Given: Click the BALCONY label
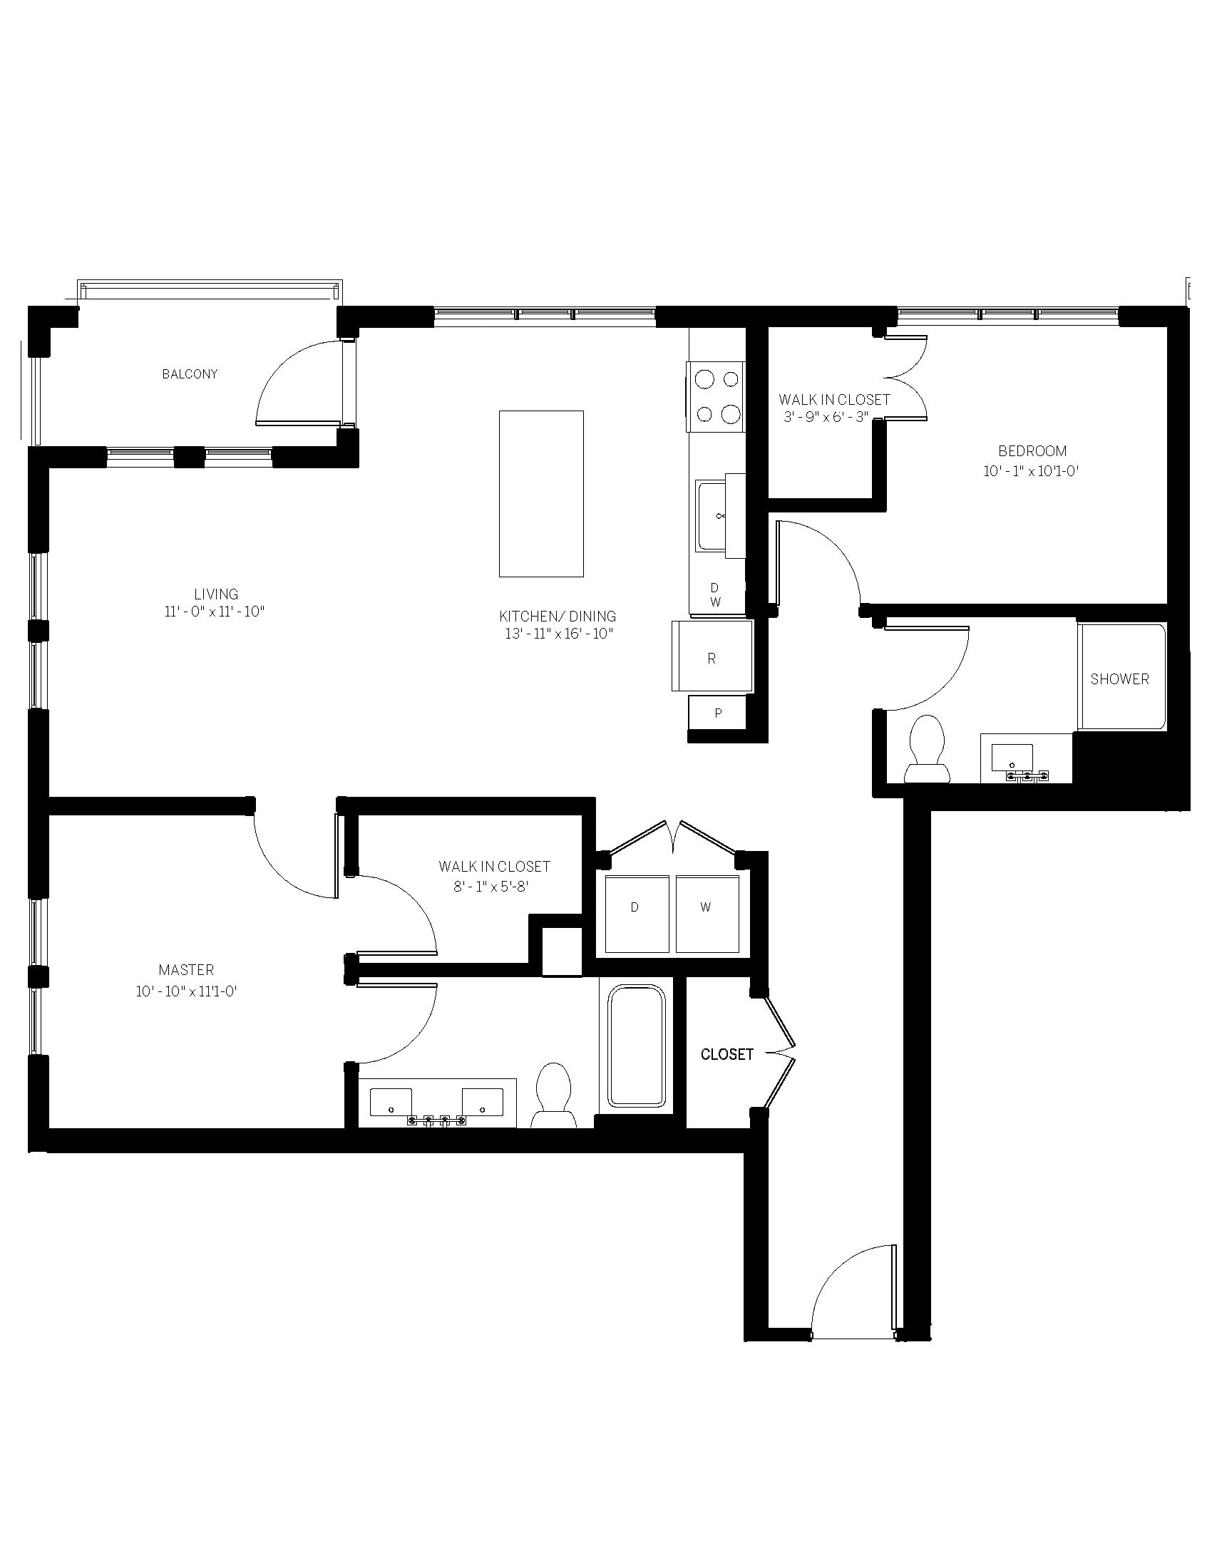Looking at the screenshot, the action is tap(190, 374).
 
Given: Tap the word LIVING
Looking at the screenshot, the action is tap(216, 594).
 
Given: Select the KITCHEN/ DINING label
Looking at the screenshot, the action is tap(558, 616).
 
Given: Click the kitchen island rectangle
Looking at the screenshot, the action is tap(541, 494).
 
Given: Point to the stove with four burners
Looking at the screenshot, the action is tap(715, 396).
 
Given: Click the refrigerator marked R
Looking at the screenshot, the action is tap(712, 656).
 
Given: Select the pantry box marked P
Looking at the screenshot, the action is tap(717, 713).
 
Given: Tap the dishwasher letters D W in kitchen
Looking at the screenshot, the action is tap(715, 595).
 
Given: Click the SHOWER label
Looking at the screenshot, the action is tap(1119, 679).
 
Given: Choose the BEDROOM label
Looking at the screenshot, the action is tap(1032, 451).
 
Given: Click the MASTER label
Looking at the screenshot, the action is tap(186, 970).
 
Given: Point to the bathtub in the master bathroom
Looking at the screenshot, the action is tap(637, 1046).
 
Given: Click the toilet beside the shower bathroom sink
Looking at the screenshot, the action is tap(927, 749).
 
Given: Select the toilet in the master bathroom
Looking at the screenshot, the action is tap(553, 1095).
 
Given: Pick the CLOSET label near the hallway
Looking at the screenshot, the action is tap(727, 1055).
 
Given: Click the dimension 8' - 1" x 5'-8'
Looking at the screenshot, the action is tap(491, 887).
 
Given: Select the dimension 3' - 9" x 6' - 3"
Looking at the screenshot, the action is tap(826, 417).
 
